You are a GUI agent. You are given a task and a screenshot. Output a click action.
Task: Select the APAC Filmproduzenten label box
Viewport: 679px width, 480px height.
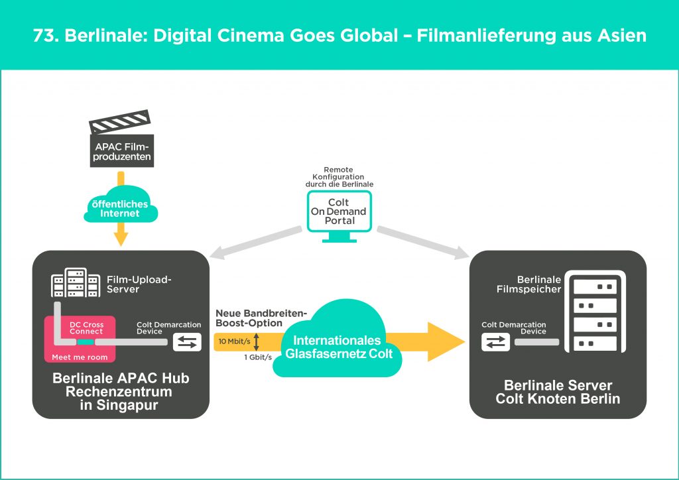[x=121, y=153]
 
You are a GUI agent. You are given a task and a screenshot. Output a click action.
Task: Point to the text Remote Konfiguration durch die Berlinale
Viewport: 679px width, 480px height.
[x=340, y=177]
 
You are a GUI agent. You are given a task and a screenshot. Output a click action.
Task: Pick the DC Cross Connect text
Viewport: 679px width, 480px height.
[x=86, y=328]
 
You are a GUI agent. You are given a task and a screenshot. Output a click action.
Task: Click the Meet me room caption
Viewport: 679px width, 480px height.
[x=79, y=357]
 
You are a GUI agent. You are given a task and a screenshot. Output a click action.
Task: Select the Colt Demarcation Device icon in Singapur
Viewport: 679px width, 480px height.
[x=187, y=342]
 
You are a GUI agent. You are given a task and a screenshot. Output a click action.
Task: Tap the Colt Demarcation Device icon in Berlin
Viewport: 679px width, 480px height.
[x=496, y=342]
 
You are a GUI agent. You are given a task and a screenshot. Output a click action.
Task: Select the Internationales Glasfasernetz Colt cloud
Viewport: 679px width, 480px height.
[x=339, y=345]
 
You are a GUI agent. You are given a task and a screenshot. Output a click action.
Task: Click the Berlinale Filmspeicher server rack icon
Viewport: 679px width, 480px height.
[x=595, y=312]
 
